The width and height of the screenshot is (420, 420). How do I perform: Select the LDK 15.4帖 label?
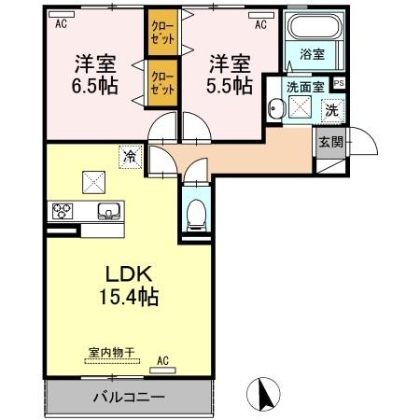(128, 286)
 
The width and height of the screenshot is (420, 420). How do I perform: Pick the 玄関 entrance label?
(329, 142)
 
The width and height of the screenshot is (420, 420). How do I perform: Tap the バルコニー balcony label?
(128, 397)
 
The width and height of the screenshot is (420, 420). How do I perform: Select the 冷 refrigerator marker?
(128, 157)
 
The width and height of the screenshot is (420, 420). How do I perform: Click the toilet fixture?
(196, 214)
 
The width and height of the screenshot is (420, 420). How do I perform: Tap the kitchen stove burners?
(63, 210)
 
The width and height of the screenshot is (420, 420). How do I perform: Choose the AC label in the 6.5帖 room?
(62, 24)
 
